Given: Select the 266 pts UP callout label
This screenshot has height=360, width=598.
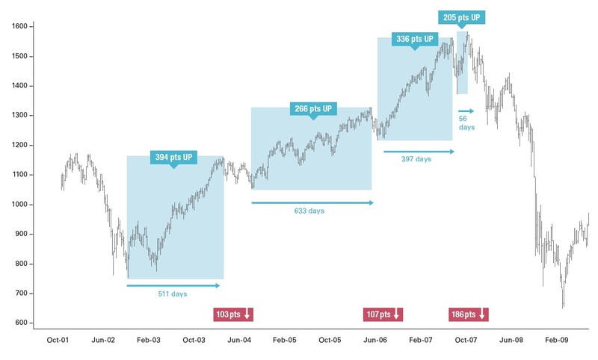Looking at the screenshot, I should pos(312,108).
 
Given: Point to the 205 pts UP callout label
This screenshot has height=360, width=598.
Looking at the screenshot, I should pos(461,16).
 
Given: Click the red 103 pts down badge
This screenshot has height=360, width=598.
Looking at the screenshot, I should pos(234,314).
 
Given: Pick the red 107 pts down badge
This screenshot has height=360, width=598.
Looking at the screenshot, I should pos(383,314).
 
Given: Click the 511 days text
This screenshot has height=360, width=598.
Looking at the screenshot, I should pos(173,294).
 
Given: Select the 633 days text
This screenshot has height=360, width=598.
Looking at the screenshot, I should pos(309,211).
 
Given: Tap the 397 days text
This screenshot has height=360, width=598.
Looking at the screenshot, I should pos(417,160).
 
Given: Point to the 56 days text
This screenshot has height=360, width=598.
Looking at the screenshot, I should pos(466,122).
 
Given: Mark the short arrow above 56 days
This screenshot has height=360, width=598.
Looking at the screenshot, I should pos(466,111).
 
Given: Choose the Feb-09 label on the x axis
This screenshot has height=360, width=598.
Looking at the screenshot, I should pos(556,340).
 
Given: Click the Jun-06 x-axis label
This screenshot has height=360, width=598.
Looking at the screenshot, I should pos(375,340).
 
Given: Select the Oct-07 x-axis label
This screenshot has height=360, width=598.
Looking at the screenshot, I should pos(466,340).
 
